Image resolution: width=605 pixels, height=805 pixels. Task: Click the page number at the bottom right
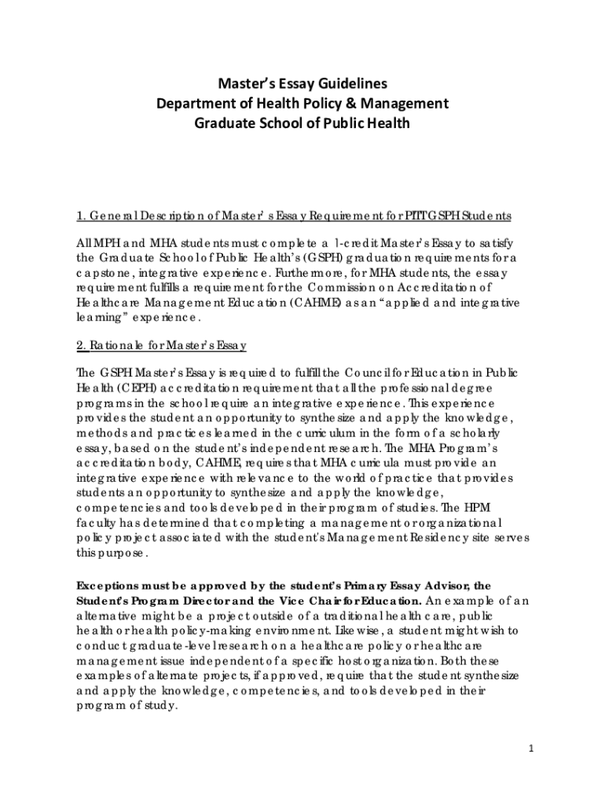(531, 748)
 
